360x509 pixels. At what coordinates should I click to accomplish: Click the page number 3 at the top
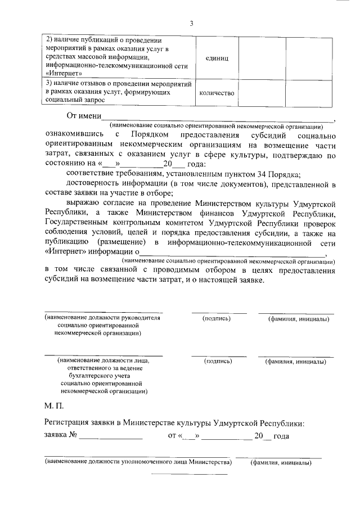pos(191,23)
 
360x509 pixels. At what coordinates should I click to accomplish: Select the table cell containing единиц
pos(217,57)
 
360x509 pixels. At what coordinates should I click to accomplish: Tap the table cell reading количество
pos(217,93)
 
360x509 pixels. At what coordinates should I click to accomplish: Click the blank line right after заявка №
pos(110,436)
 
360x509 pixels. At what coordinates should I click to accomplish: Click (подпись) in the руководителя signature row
pos(218,319)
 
